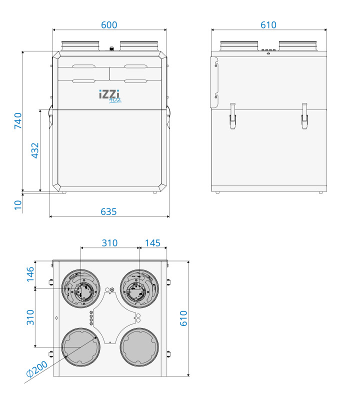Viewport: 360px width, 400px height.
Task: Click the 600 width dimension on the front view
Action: click(109, 25)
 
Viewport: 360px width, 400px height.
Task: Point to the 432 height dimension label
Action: click(35, 150)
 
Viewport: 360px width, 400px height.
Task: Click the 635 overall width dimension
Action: click(108, 212)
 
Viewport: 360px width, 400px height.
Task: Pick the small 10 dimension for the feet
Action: click(18, 205)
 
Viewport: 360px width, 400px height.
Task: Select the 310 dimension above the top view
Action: click(109, 243)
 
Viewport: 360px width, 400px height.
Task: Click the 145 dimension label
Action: click(152, 243)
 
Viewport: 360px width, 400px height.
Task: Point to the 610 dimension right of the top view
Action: click(183, 318)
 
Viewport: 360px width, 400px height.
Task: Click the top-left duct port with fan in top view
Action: click(80, 289)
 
